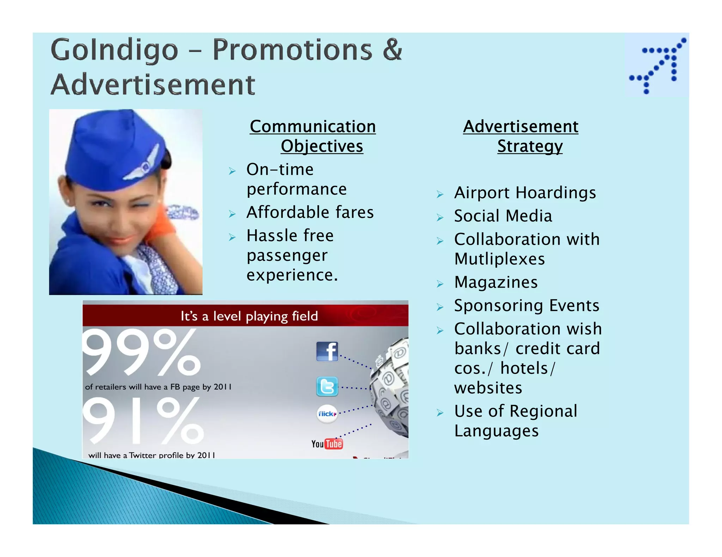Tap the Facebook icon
pyautogui.click(x=327, y=351)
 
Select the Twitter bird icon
pyautogui.click(x=327, y=387)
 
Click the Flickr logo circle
pyautogui.click(x=327, y=414)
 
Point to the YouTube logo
pyautogui.click(x=327, y=444)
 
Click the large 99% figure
pyautogui.click(x=141, y=352)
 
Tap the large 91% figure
pyautogui.click(x=143, y=421)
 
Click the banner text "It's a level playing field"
pyautogui.click(x=249, y=316)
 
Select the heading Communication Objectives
pyautogui.click(x=313, y=136)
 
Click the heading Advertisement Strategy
pyautogui.click(x=521, y=136)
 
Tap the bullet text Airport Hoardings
pyautogui.click(x=525, y=193)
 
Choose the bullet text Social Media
pyautogui.click(x=503, y=216)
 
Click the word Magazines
pyautogui.click(x=496, y=282)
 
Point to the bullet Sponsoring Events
pyautogui.click(x=526, y=306)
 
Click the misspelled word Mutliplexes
pyautogui.click(x=500, y=259)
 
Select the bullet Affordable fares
pyautogui.click(x=310, y=212)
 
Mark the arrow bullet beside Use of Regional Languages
pyautogui.click(x=440, y=413)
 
